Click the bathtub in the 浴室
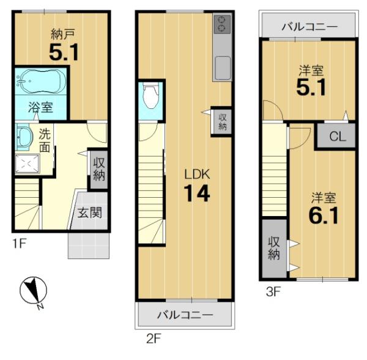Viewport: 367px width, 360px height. click(x=40, y=81)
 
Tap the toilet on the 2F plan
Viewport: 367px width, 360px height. click(x=150, y=96)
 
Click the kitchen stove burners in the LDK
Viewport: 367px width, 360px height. click(x=221, y=24)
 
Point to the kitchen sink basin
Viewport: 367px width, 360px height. click(x=222, y=68)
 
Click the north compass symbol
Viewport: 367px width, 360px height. click(x=33, y=290)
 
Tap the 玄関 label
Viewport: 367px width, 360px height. click(x=90, y=212)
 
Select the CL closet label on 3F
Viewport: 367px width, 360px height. click(x=338, y=136)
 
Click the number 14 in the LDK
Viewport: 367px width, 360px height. click(x=197, y=193)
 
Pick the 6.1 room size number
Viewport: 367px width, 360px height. click(x=324, y=216)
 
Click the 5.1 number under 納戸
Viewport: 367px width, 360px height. click(x=64, y=53)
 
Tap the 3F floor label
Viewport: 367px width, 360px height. click(x=273, y=292)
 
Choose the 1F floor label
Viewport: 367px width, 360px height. click(x=19, y=244)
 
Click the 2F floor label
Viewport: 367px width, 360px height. click(x=154, y=339)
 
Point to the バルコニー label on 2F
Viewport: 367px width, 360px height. click(x=185, y=315)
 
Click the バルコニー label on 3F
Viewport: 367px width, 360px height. click(x=310, y=27)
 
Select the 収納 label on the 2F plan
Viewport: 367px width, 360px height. click(x=222, y=122)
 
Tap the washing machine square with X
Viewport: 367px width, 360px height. click(x=27, y=163)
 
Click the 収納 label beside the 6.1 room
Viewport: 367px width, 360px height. click(x=274, y=248)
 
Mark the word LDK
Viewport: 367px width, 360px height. click(x=197, y=174)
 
